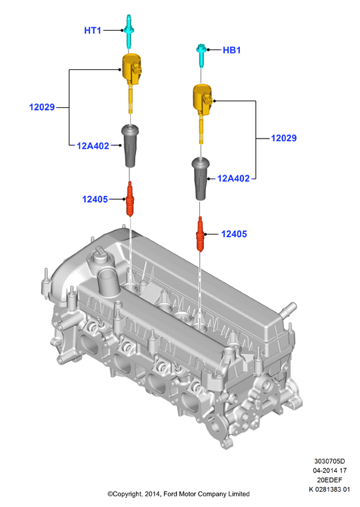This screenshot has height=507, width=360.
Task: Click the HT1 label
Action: click(93, 31)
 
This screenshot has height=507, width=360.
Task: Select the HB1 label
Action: click(231, 50)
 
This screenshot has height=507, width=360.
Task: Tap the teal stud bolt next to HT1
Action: click(129, 32)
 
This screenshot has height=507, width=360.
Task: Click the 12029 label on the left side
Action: click(42, 107)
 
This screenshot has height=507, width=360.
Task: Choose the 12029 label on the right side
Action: click(283, 138)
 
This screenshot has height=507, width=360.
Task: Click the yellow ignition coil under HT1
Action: click(131, 81)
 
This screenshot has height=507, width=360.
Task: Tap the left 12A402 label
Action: click(93, 146)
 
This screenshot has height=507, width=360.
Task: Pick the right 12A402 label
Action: click(233, 179)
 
